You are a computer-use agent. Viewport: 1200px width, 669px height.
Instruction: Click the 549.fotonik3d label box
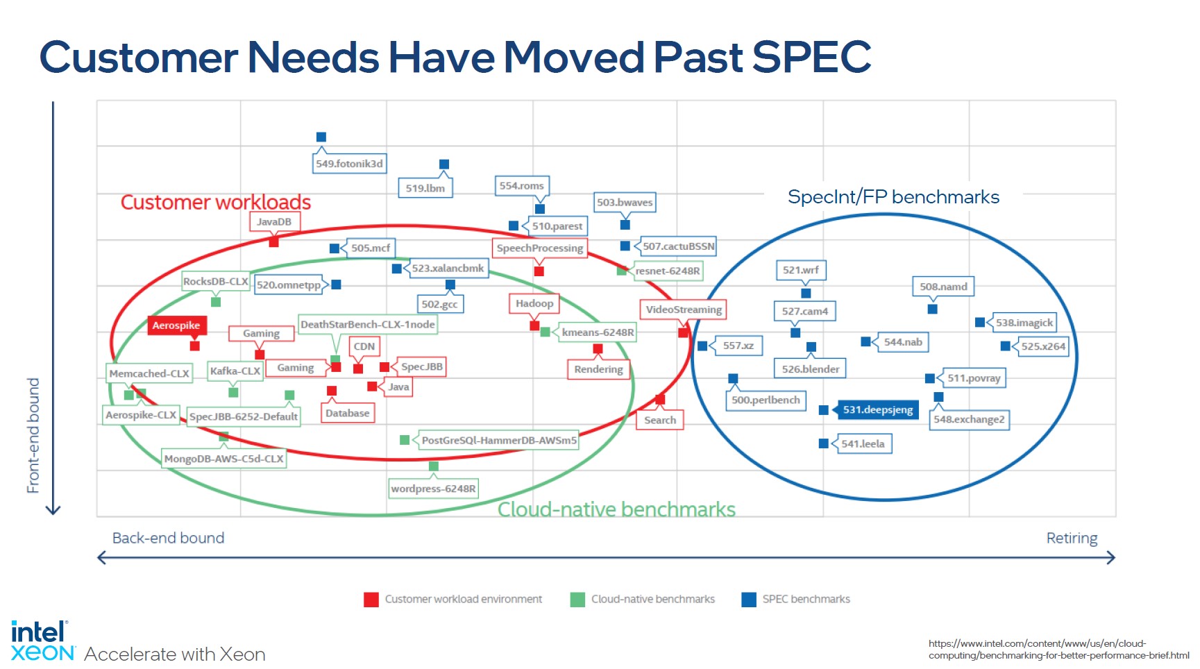[x=349, y=164]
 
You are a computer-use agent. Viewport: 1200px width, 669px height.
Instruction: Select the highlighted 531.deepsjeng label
[x=878, y=409]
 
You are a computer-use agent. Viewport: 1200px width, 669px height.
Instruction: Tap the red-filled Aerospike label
[x=176, y=325]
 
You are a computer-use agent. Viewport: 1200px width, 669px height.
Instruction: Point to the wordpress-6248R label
[x=433, y=489]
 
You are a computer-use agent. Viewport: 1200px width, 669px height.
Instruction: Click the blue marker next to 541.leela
[x=824, y=443]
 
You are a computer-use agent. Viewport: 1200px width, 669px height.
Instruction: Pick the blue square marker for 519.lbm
[x=444, y=164]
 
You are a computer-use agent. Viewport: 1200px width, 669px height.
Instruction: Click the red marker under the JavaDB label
[x=273, y=242]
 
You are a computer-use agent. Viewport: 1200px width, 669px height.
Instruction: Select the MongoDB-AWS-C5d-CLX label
[x=223, y=459]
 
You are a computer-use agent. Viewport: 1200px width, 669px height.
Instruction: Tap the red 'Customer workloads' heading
[x=216, y=202]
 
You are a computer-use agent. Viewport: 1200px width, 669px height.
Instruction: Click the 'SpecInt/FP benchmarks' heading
[x=893, y=197]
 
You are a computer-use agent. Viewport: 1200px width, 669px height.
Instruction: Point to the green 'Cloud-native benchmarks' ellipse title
[x=616, y=509]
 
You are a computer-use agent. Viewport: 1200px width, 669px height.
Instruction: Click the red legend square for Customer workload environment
[x=371, y=600]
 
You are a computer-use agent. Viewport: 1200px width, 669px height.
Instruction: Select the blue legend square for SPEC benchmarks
[x=749, y=600]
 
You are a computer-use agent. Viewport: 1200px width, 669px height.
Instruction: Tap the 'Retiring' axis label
[x=1072, y=538]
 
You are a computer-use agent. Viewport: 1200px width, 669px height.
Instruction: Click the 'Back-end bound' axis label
[x=168, y=538]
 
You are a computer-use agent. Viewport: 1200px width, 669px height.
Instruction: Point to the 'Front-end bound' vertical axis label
[x=33, y=435]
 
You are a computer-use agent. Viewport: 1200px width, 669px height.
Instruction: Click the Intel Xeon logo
[x=42, y=641]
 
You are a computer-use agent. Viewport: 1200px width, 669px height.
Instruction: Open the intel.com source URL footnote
[x=1058, y=649]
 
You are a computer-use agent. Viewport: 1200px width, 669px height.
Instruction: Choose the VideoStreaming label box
[x=684, y=310]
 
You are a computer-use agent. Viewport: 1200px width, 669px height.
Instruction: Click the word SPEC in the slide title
[x=811, y=57]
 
